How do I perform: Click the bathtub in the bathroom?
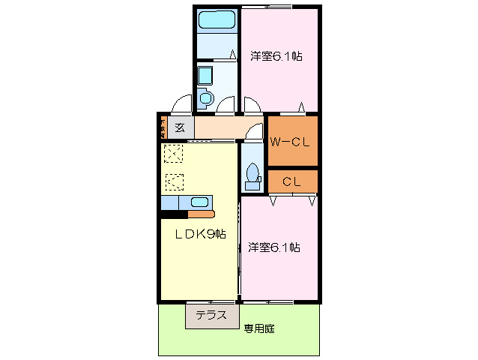click(217, 20)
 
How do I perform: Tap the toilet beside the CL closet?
click(252, 173)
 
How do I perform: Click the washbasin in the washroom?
click(205, 75)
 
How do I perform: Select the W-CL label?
click(291, 141)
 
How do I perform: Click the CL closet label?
click(291, 181)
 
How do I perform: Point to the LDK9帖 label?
click(200, 235)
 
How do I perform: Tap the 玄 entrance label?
click(180, 127)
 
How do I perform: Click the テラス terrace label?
click(211, 316)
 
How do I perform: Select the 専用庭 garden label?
click(258, 328)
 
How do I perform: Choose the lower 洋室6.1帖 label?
click(274, 247)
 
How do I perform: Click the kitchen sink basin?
click(200, 201)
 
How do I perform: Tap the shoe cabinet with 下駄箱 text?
click(162, 127)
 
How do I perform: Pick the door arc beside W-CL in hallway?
click(255, 132)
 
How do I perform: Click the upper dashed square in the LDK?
click(174, 154)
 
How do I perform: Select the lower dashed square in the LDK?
click(174, 181)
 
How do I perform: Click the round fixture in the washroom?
click(206, 97)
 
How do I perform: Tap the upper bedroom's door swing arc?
click(252, 106)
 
